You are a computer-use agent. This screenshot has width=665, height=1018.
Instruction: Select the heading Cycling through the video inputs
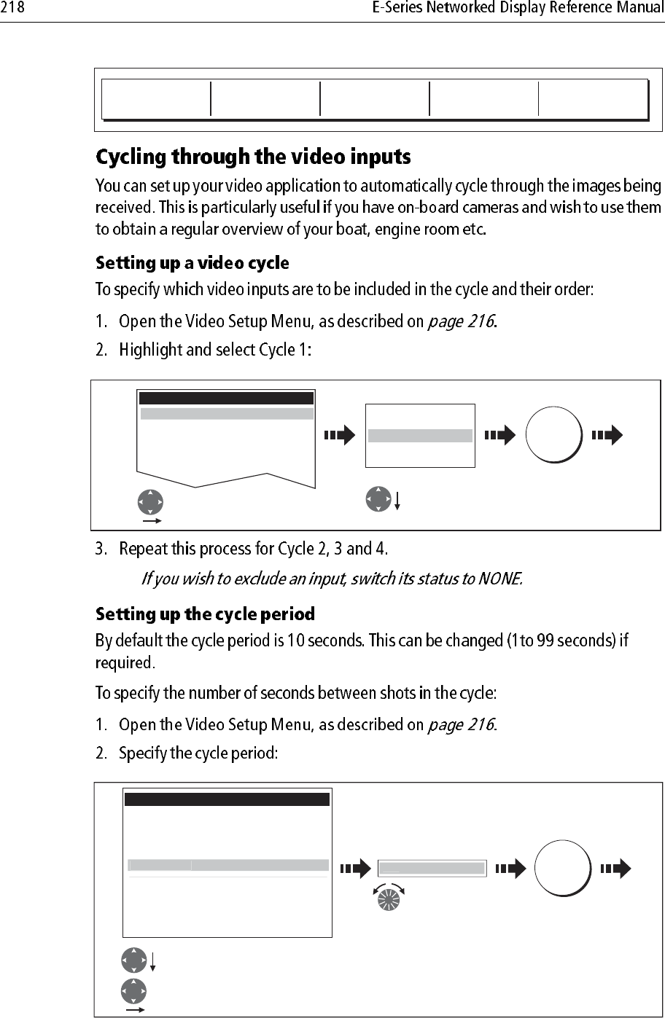254,157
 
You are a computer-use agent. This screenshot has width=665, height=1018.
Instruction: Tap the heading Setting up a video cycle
193,262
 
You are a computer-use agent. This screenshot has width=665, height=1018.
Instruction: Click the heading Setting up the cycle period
206,614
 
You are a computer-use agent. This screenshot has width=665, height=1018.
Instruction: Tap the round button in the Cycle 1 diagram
553,436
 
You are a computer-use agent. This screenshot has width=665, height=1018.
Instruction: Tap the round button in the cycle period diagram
562,867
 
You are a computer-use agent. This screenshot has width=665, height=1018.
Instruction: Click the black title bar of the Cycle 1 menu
226,398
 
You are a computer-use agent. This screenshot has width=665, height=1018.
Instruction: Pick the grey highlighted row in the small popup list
420,436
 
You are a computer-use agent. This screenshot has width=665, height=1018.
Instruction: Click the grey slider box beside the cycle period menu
432,868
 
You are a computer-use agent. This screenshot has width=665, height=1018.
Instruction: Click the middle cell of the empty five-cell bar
374,98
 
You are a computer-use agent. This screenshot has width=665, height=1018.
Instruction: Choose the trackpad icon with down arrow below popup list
378,499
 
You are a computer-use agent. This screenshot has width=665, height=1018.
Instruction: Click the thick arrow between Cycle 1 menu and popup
339,436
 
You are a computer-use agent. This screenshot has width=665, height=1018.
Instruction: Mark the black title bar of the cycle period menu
227,799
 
